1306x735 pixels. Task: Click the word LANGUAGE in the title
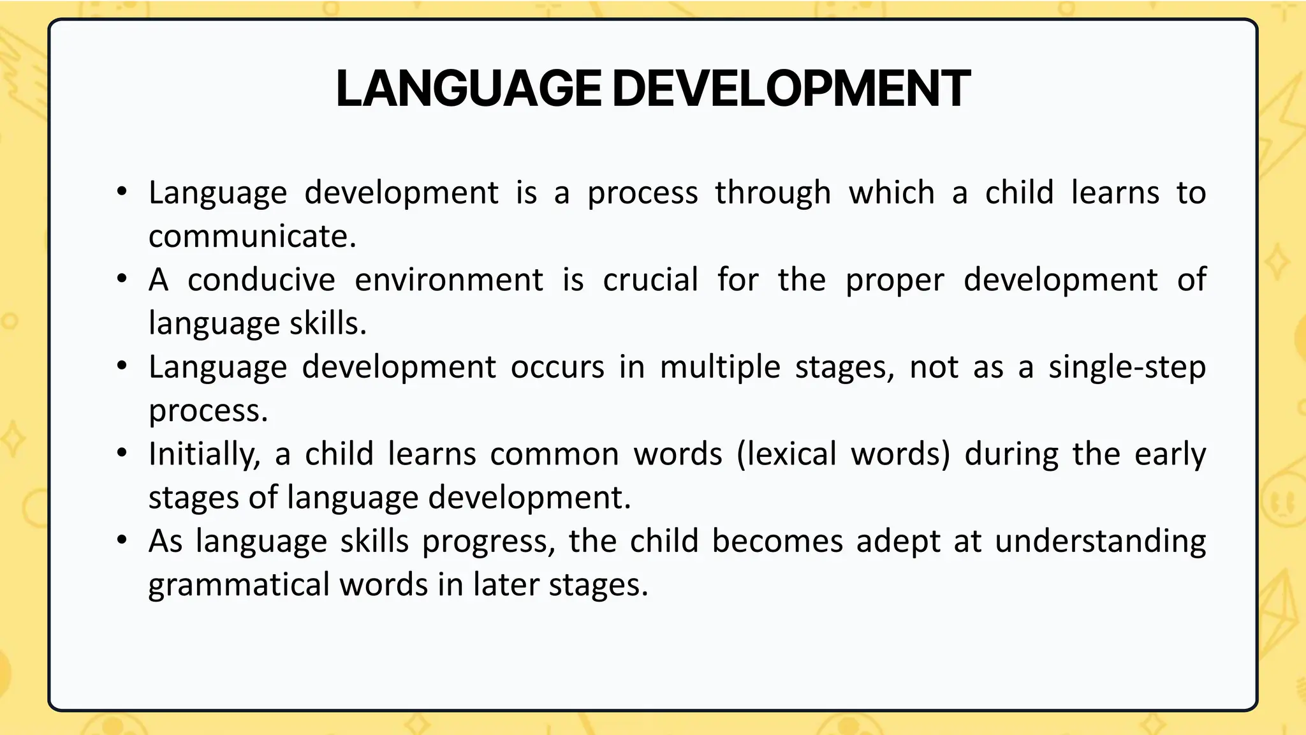click(x=468, y=89)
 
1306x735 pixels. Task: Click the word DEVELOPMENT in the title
click(x=791, y=89)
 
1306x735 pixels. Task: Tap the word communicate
click(x=252, y=237)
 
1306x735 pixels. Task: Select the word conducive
click(x=261, y=280)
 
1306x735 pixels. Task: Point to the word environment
click(x=449, y=280)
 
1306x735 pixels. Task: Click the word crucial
click(x=650, y=280)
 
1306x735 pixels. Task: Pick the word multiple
click(x=720, y=367)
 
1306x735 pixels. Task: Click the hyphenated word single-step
click(x=1127, y=367)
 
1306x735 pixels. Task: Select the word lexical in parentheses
click(x=786, y=455)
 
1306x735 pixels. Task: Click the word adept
click(x=898, y=542)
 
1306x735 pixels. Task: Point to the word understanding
click(x=1100, y=542)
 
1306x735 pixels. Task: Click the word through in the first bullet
click(x=773, y=193)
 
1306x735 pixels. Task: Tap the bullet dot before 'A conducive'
click(x=122, y=279)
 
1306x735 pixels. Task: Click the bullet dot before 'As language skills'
click(x=122, y=540)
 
